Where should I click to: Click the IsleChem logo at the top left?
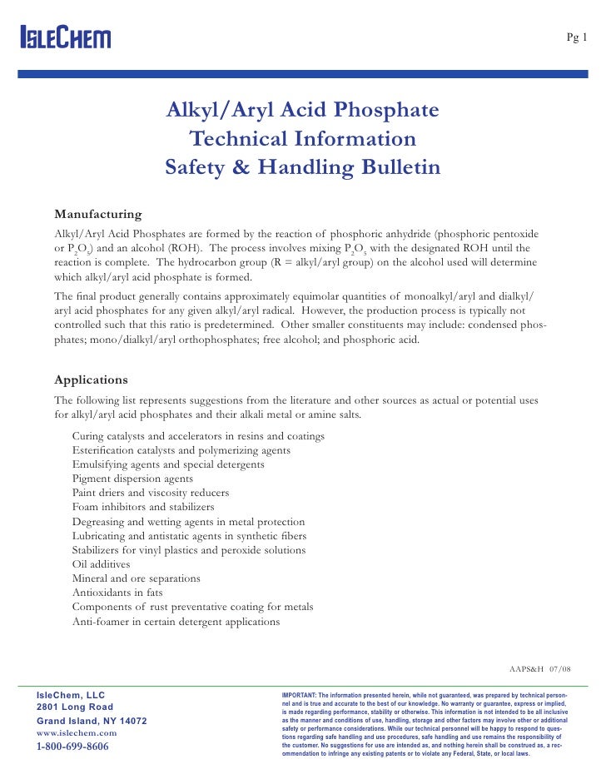click(65, 37)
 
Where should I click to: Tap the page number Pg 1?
click(577, 37)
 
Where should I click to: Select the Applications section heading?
click(91, 380)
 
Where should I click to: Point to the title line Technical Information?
click(303, 139)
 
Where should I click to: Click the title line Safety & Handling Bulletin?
click(303, 167)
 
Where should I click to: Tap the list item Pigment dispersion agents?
click(132, 479)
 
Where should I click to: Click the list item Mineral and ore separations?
click(136, 578)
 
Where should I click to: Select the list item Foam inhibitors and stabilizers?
click(143, 507)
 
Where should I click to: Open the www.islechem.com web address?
click(77, 732)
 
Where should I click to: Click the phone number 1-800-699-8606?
click(72, 747)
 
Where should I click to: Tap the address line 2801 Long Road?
click(75, 707)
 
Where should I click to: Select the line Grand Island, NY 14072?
click(92, 720)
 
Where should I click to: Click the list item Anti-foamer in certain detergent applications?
click(176, 621)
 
